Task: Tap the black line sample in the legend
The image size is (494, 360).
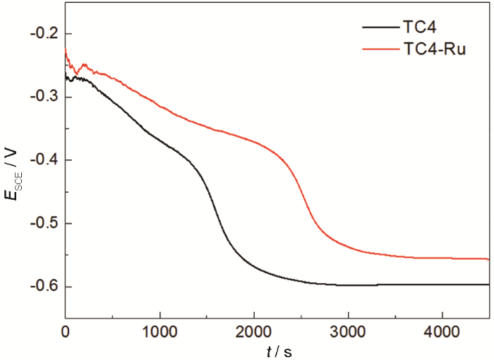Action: [x=381, y=27]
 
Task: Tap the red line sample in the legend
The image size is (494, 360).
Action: [x=381, y=50]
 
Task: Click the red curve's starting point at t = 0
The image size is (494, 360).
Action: [x=66, y=48]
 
